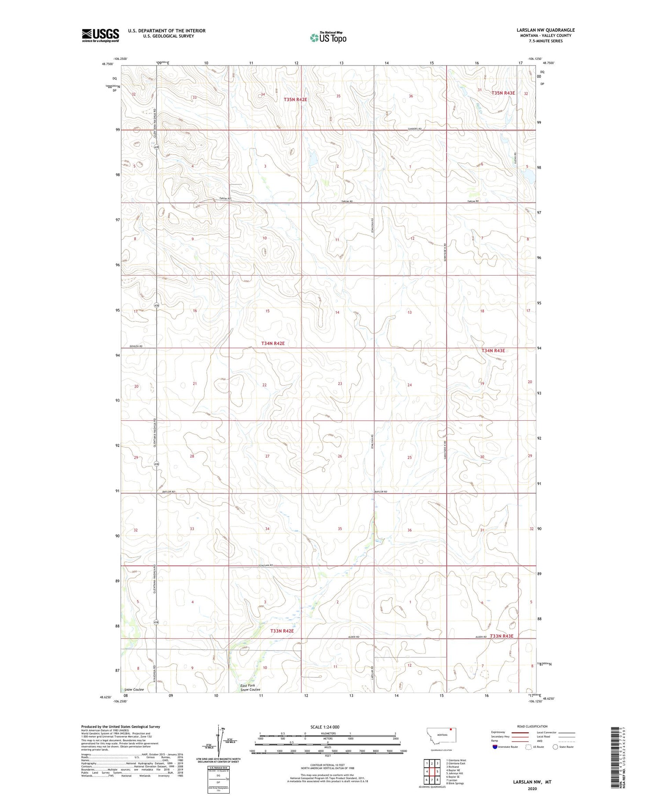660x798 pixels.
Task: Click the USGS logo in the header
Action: pyautogui.click(x=100, y=35)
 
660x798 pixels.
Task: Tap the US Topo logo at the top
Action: pyautogui.click(x=328, y=38)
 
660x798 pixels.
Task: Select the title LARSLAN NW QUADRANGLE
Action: pyautogui.click(x=546, y=30)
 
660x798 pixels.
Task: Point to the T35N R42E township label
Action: pyautogui.click(x=295, y=100)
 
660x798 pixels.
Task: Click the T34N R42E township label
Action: pyautogui.click(x=276, y=343)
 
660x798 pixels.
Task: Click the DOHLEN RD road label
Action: pyautogui.click(x=136, y=347)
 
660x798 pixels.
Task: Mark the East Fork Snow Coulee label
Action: pyautogui.click(x=250, y=687)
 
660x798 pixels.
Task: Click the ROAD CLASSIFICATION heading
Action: pyautogui.click(x=532, y=726)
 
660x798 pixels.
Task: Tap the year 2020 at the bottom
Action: pyautogui.click(x=532, y=789)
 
